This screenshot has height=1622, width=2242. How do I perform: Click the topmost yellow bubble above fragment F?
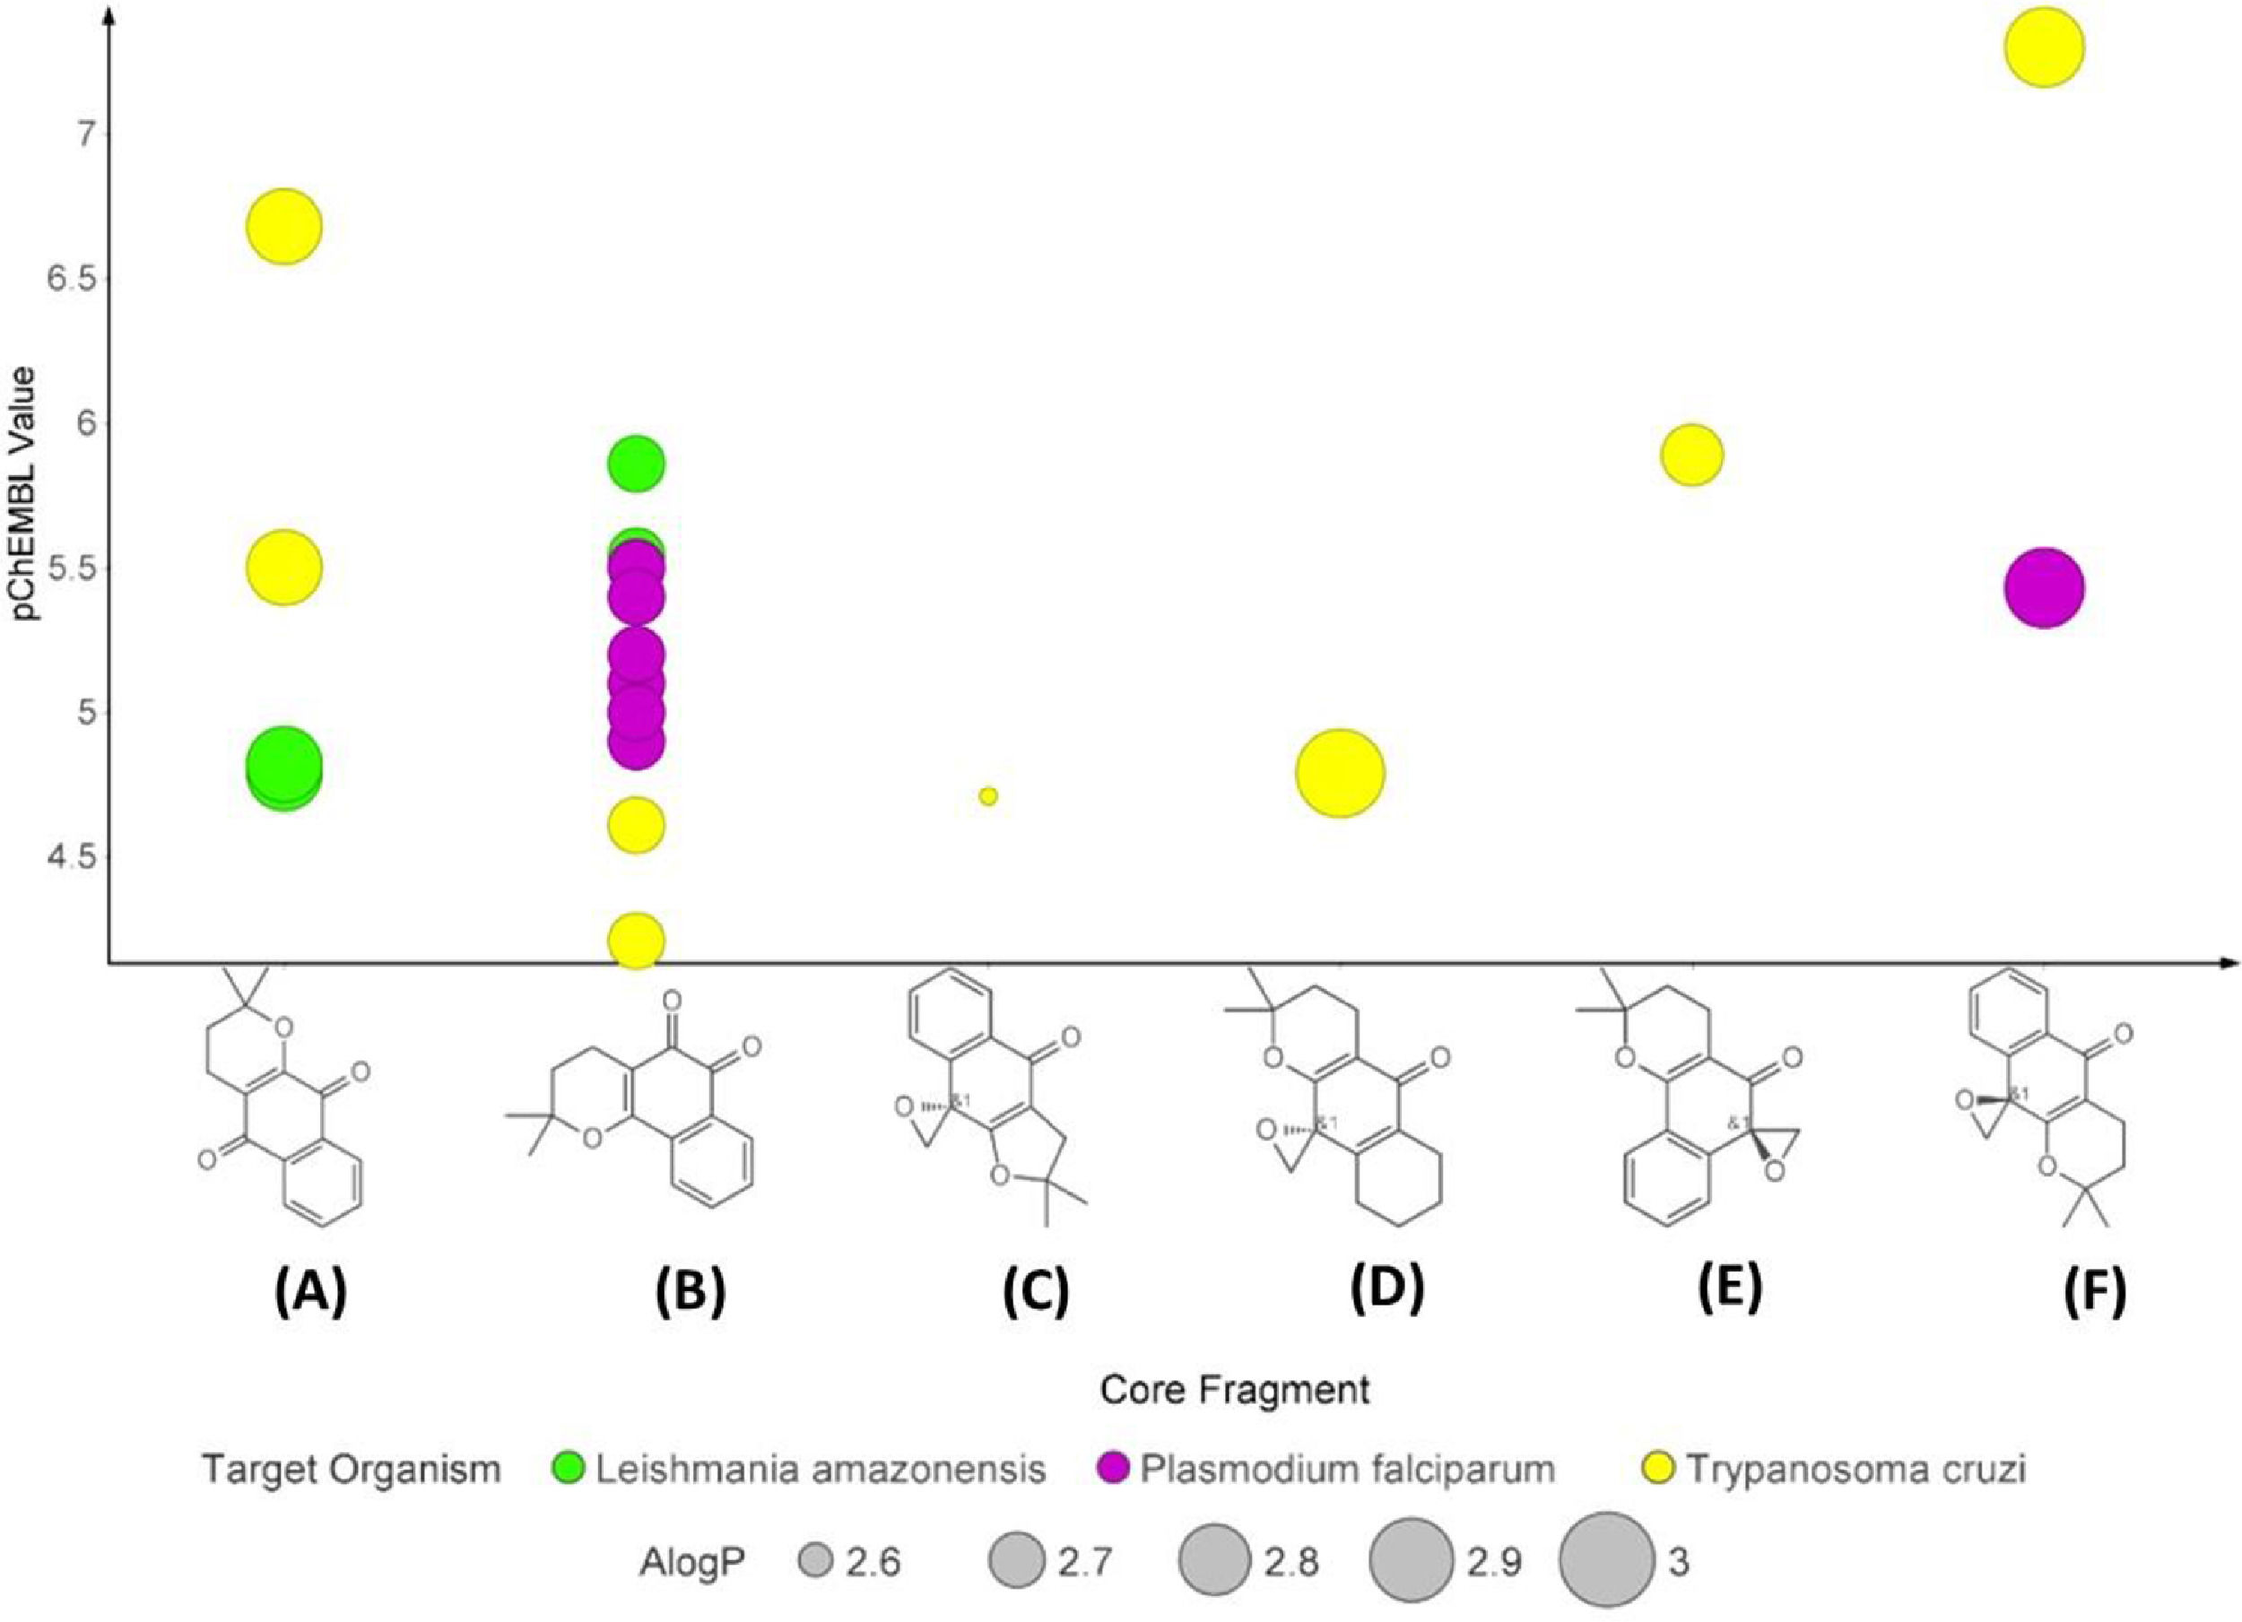coord(2045,48)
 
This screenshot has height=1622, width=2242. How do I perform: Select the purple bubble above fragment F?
coord(2045,587)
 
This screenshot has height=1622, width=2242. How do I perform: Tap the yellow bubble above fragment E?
coord(1691,455)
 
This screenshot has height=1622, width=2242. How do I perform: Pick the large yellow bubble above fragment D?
coord(1340,773)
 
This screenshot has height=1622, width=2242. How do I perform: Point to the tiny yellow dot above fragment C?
coord(987,795)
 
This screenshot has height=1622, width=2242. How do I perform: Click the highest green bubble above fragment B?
coord(637,464)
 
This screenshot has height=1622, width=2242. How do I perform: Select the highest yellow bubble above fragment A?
coord(283,226)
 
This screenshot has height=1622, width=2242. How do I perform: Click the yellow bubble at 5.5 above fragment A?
coord(283,568)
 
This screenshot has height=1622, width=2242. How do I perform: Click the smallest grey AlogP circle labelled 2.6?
coord(815,1563)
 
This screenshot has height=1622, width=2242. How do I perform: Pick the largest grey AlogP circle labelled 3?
coord(1605,1562)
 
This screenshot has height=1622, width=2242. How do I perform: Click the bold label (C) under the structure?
coord(1035,1292)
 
